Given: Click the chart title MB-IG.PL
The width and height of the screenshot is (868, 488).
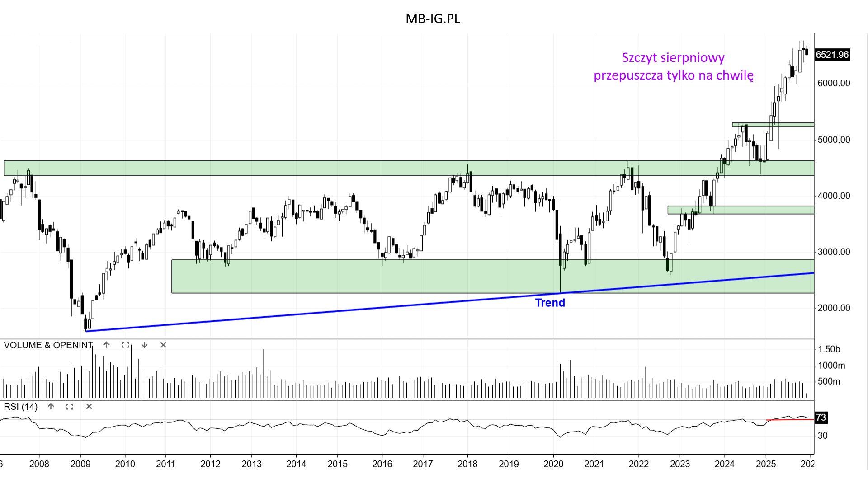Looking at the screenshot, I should tap(433, 19).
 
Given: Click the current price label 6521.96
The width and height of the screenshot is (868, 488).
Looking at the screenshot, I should tap(832, 55).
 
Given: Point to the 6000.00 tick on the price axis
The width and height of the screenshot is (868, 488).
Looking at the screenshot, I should tap(834, 83).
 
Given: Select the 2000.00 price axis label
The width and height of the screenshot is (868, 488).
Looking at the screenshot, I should tap(834, 308).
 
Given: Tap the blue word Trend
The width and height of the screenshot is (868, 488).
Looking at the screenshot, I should tap(550, 303).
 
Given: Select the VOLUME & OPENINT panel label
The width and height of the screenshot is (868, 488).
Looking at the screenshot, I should tap(48, 345).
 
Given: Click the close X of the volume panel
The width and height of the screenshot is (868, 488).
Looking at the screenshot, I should tap(163, 345).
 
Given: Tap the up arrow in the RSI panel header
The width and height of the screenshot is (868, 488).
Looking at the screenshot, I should tap(51, 407).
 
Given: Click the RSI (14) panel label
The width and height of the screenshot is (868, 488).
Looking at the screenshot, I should tap(21, 407).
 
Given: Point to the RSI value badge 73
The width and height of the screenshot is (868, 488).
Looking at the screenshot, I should tap(821, 418).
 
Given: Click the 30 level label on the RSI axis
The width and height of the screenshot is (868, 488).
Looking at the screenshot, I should tap(822, 436).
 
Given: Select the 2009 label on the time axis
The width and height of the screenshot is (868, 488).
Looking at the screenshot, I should tap(80, 464).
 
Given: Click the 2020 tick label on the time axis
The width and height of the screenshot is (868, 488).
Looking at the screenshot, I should tap(553, 464).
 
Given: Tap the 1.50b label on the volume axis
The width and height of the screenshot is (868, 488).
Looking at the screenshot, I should tap(829, 349).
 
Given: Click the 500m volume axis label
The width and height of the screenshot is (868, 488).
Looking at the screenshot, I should tap(829, 381).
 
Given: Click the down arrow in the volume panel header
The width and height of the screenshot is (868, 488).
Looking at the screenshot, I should tap(144, 345).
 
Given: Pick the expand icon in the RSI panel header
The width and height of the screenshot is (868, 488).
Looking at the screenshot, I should tap(70, 407).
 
